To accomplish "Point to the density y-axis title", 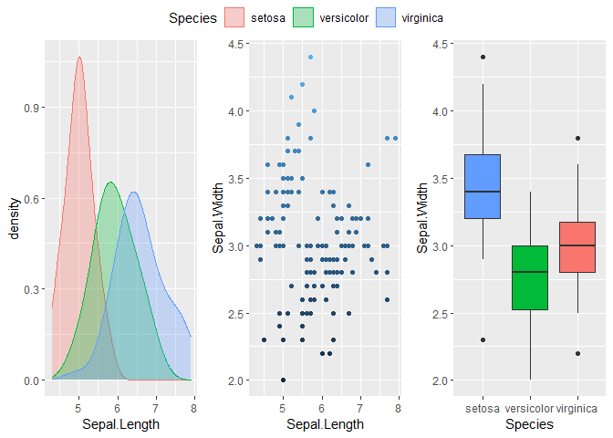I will (x=16, y=220).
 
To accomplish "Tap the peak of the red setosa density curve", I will (x=79, y=57).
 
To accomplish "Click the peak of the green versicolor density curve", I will (x=110, y=182).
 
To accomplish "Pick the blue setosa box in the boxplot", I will (x=483, y=186).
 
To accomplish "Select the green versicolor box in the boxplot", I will (x=530, y=277).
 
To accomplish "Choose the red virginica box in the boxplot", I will (x=577, y=246).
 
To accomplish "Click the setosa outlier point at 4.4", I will (x=483, y=57).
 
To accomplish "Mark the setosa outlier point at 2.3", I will (x=483, y=339).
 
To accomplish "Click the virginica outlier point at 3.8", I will (x=577, y=138).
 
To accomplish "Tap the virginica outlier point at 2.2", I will (x=577, y=353).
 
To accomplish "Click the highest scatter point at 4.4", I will (x=310, y=57).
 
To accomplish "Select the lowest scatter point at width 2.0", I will (x=283, y=380).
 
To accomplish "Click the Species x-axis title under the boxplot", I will (x=530, y=424).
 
